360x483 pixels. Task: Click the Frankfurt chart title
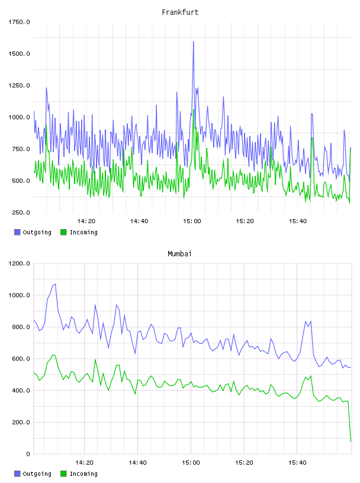180,12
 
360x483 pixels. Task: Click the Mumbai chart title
179,254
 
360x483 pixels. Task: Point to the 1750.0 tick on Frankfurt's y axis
19,22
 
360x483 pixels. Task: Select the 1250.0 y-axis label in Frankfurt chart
19,85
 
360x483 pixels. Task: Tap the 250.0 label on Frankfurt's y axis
21,212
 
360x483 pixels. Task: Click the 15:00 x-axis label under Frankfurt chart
192,221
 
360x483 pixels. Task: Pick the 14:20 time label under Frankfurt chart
86,221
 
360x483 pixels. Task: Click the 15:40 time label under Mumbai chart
297,463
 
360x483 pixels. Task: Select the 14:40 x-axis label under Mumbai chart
137,463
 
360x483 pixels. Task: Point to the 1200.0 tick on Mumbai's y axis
19,263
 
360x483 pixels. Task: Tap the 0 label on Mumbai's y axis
28,454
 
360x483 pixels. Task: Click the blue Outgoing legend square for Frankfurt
17,232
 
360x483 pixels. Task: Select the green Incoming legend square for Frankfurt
63,232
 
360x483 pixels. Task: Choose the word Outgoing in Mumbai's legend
37,474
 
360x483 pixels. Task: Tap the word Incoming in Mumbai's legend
83,474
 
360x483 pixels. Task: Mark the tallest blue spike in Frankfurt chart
193,41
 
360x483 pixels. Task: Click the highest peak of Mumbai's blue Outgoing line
55,284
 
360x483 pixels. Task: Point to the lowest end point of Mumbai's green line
351,442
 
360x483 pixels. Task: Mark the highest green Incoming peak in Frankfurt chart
193,110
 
